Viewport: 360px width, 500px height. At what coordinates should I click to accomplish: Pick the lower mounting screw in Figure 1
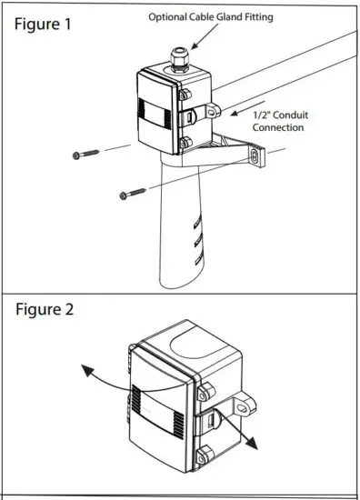point(132,193)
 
